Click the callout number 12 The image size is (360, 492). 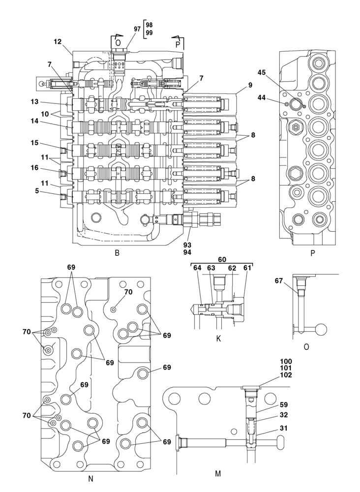pyautogui.click(x=58, y=42)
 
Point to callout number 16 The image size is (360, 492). pyautogui.click(x=33, y=168)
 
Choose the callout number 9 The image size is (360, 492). pyautogui.click(x=250, y=85)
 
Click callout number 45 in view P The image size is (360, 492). pyautogui.click(x=262, y=72)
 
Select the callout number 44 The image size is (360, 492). pyautogui.click(x=262, y=98)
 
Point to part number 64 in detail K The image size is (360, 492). pyautogui.click(x=197, y=268)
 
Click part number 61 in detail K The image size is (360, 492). pyautogui.click(x=246, y=268)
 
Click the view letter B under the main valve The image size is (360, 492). pyautogui.click(x=117, y=253)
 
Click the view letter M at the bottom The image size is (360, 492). pyautogui.click(x=218, y=474)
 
